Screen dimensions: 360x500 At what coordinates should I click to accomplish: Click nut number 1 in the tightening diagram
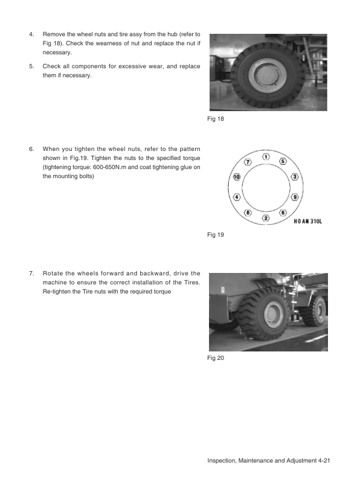[x=266, y=156]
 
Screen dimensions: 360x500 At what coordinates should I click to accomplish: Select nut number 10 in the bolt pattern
[x=236, y=177]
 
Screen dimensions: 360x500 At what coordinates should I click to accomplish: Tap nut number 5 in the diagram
[x=283, y=161]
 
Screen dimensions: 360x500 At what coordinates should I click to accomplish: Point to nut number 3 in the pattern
[x=295, y=177]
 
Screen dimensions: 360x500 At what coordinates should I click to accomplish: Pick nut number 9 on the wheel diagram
[x=295, y=197]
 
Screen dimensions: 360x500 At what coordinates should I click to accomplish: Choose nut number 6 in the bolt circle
[x=283, y=213]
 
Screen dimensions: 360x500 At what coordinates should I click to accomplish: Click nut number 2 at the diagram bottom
[x=266, y=218]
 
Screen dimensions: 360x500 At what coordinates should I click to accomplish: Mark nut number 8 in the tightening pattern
[x=248, y=213]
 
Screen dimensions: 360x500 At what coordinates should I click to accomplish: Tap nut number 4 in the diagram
[x=237, y=197]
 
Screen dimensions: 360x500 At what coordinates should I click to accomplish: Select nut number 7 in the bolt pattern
[x=248, y=162]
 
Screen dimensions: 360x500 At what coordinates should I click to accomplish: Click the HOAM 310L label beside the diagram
[x=307, y=221]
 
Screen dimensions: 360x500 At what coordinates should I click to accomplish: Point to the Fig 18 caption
[x=216, y=119]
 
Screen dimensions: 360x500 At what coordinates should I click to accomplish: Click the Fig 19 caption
[x=216, y=235]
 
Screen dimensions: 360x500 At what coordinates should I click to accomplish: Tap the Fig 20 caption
[x=216, y=358]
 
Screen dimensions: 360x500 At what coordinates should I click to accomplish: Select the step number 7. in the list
[x=31, y=274]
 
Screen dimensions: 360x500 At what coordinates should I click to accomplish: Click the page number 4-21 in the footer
[x=324, y=461]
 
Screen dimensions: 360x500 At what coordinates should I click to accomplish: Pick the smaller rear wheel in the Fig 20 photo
[x=313, y=310]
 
